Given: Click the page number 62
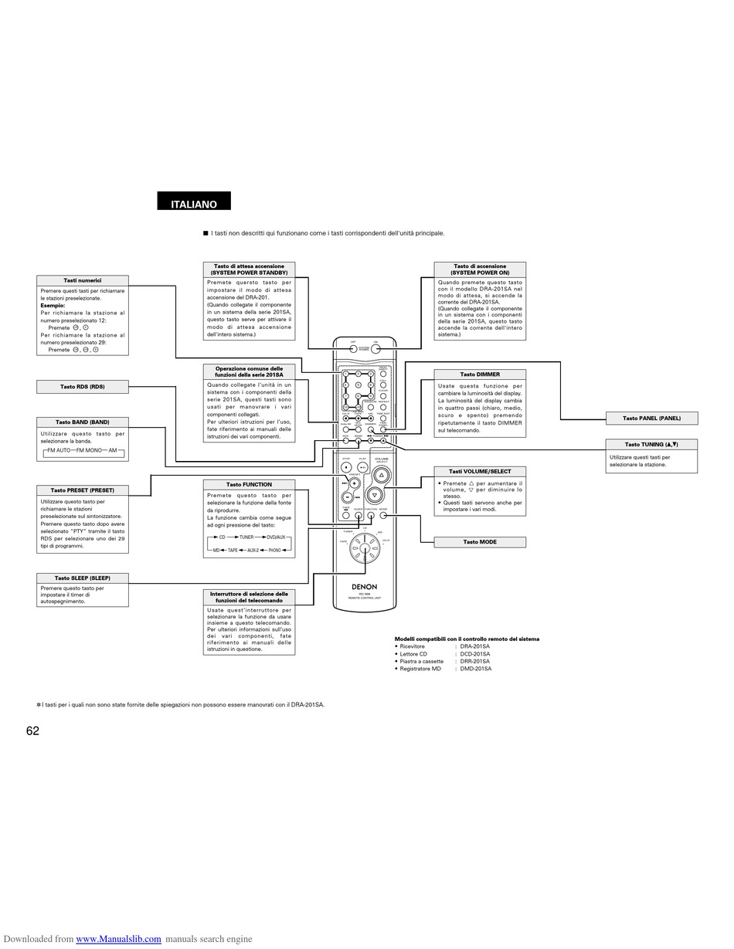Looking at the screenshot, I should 32,730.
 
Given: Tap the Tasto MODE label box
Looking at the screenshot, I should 480,542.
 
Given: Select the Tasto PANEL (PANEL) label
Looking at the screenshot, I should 651,418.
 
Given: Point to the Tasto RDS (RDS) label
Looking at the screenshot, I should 83,387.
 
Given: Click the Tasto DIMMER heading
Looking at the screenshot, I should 480,375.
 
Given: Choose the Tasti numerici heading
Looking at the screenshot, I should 83,280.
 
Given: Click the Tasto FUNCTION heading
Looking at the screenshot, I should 249,485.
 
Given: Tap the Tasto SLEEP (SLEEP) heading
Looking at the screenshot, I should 83,578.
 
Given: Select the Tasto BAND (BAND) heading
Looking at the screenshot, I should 83,422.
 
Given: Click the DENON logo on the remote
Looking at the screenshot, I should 365,588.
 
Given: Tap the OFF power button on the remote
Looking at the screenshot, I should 353,349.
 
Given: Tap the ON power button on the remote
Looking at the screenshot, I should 376,349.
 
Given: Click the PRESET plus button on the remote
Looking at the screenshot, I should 354,483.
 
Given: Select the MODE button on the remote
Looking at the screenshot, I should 383,515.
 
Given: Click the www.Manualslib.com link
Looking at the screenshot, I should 118,939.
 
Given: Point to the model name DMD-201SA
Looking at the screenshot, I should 475,669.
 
